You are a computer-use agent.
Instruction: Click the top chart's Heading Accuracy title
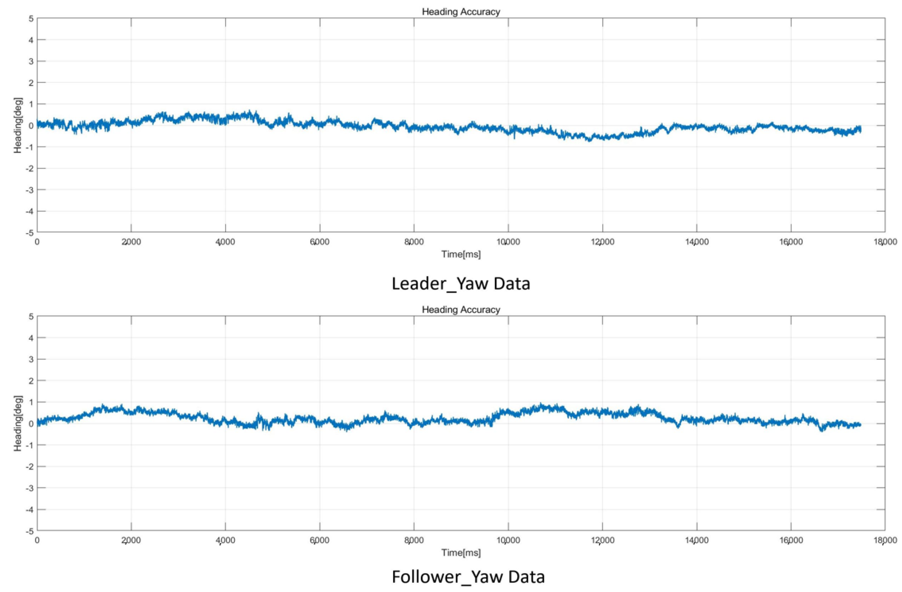click(x=461, y=12)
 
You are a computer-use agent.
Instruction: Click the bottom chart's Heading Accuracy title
click(x=461, y=310)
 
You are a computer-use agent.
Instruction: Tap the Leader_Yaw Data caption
click(x=461, y=284)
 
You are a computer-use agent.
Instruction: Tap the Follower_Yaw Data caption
click(x=468, y=577)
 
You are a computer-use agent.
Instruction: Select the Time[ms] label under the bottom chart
click(x=461, y=553)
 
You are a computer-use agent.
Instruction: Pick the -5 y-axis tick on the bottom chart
click(x=29, y=531)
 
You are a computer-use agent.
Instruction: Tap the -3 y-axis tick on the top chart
click(x=29, y=190)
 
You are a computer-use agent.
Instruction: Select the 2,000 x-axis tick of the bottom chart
click(x=131, y=540)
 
